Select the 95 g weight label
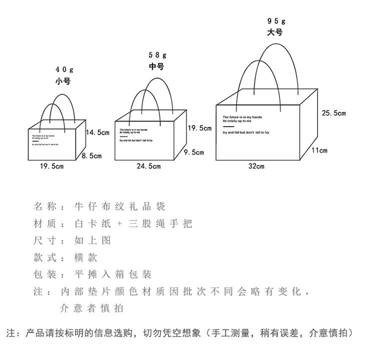coord(275,20)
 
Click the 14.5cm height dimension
coord(97,132)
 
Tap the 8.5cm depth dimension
coord(91,156)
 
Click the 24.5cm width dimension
coord(149,166)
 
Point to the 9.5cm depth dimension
coord(194,152)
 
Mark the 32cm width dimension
coord(256,166)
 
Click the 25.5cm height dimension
coord(333,113)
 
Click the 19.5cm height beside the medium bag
coord(199,128)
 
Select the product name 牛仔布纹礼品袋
coord(119,206)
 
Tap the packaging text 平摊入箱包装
coord(112,274)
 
